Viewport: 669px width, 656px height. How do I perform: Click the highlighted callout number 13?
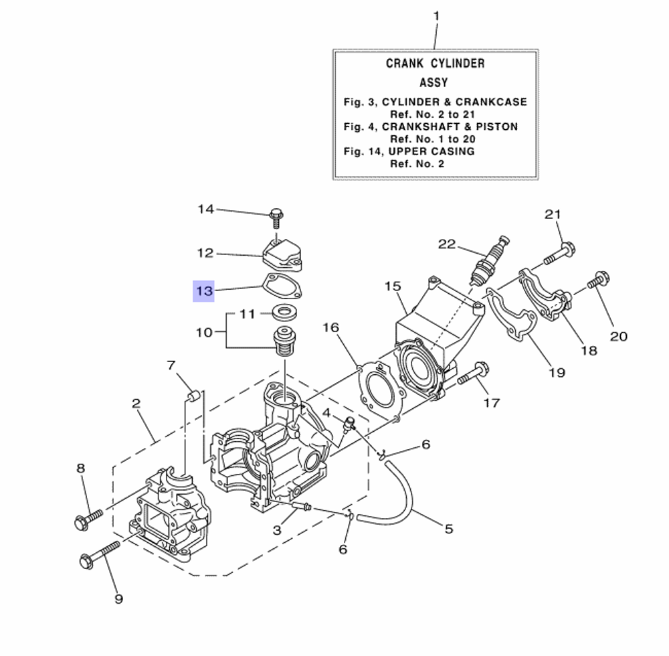coord(203,291)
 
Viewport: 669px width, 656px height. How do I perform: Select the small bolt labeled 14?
coord(276,216)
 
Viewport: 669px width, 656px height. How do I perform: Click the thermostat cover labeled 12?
coord(280,254)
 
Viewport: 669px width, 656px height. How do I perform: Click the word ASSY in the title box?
coord(434,83)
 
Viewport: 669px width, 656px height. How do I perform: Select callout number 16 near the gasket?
coord(330,327)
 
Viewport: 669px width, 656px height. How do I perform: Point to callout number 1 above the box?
coord(436,15)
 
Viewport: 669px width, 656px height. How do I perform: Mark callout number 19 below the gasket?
coord(557,373)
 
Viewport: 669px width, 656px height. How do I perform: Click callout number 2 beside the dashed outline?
coord(136,403)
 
